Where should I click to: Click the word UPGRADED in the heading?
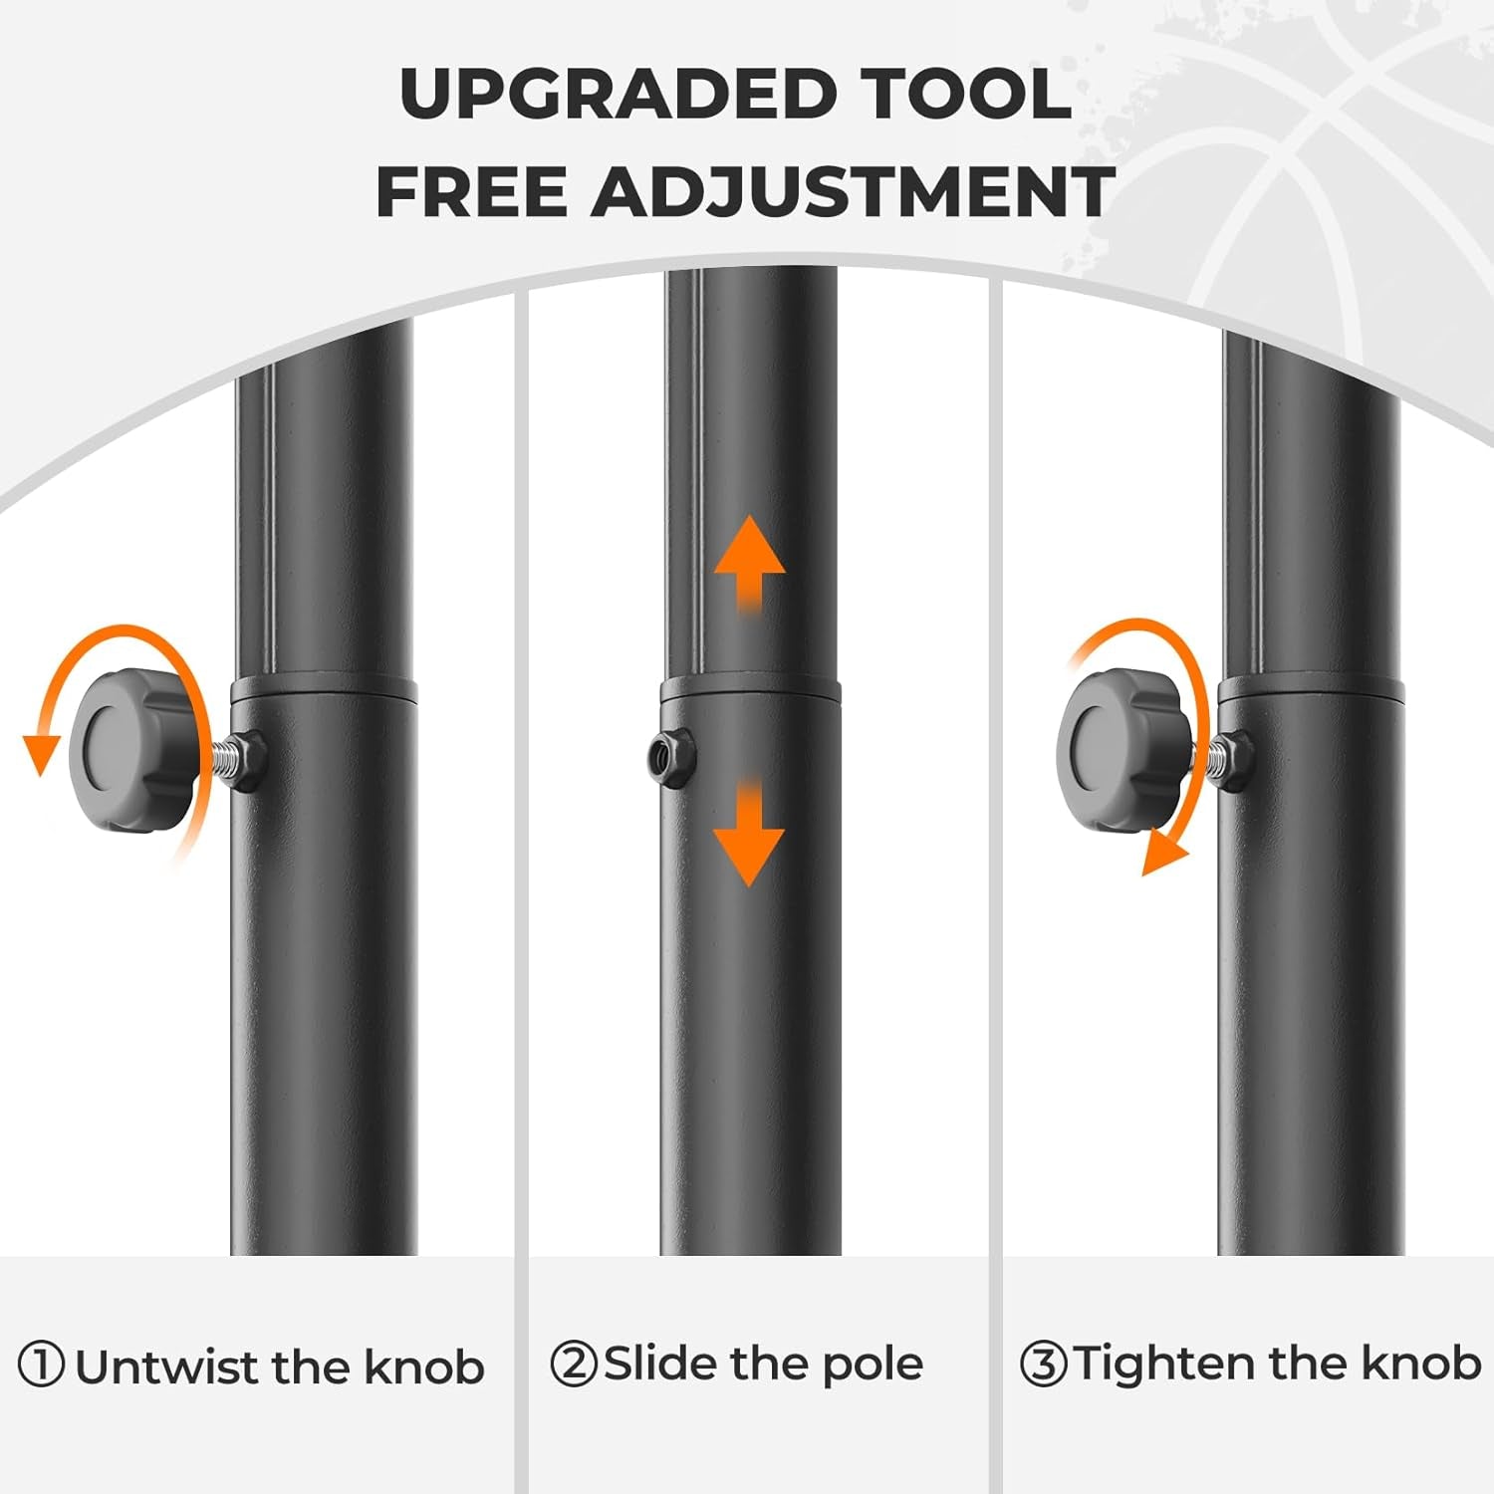click(x=618, y=95)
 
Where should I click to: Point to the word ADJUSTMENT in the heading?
click(x=853, y=191)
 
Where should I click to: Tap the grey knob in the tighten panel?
click(x=1123, y=749)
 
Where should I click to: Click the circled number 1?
click(x=42, y=1366)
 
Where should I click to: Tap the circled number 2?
click(x=574, y=1364)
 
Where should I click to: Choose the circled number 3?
click(x=1043, y=1364)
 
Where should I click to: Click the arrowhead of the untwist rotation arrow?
click(x=42, y=754)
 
